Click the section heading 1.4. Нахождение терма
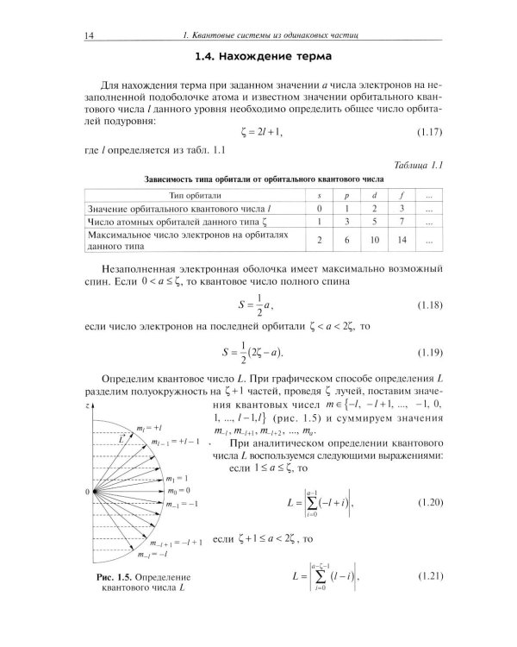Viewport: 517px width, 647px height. (258, 58)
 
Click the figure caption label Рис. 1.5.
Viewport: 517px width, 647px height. (114, 575)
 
